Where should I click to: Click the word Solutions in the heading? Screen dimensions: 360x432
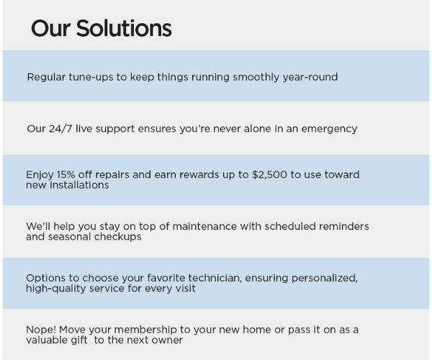point(124,29)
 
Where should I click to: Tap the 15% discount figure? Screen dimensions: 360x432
point(68,175)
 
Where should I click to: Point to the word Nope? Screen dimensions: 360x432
point(41,330)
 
